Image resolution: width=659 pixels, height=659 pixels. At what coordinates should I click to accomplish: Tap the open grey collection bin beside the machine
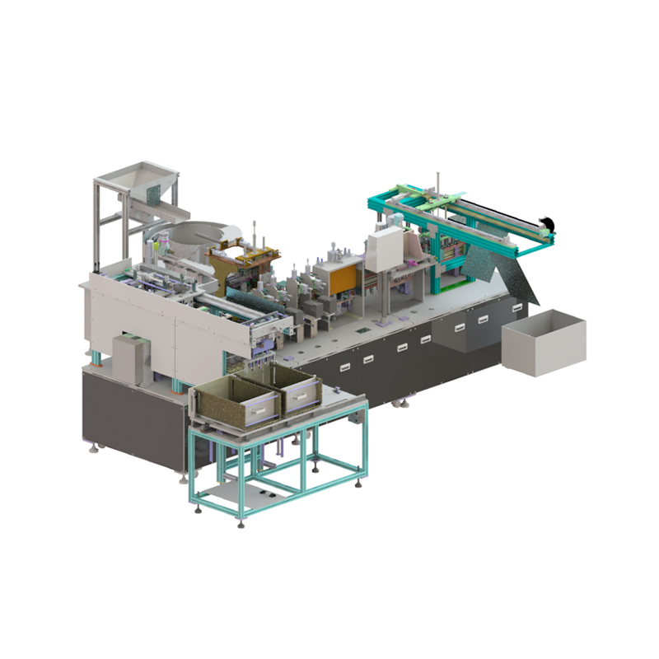click(544, 341)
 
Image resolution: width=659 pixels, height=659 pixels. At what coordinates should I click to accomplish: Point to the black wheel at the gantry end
click(544, 222)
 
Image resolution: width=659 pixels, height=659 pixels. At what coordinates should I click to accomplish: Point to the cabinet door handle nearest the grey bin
click(516, 308)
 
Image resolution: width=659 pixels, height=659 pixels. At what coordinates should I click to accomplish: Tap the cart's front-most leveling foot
click(241, 524)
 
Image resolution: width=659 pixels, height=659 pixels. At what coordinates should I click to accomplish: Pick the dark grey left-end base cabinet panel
click(132, 416)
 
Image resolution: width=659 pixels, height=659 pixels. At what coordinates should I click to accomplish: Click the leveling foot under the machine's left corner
click(100, 449)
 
